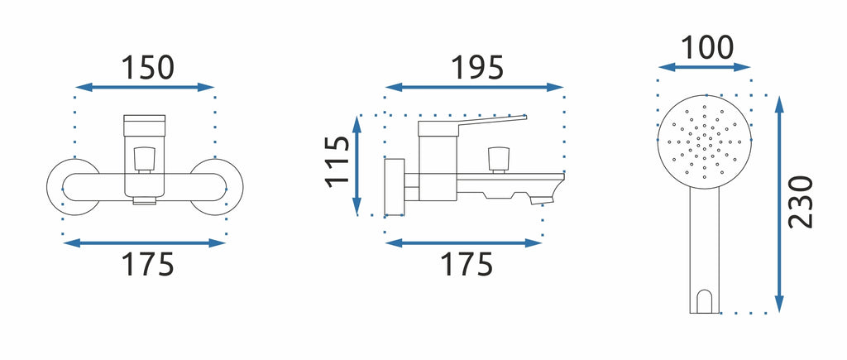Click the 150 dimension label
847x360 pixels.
[x=147, y=68]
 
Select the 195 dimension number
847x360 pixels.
[x=477, y=68]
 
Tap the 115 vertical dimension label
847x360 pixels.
[x=338, y=161]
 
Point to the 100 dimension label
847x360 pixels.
[x=706, y=47]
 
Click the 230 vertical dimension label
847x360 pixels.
[x=801, y=202]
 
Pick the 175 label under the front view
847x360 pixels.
[x=147, y=264]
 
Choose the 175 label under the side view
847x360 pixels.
[x=467, y=264]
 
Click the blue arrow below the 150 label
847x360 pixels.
[x=146, y=87]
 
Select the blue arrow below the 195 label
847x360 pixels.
[x=474, y=87]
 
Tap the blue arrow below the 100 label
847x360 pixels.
[x=705, y=67]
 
